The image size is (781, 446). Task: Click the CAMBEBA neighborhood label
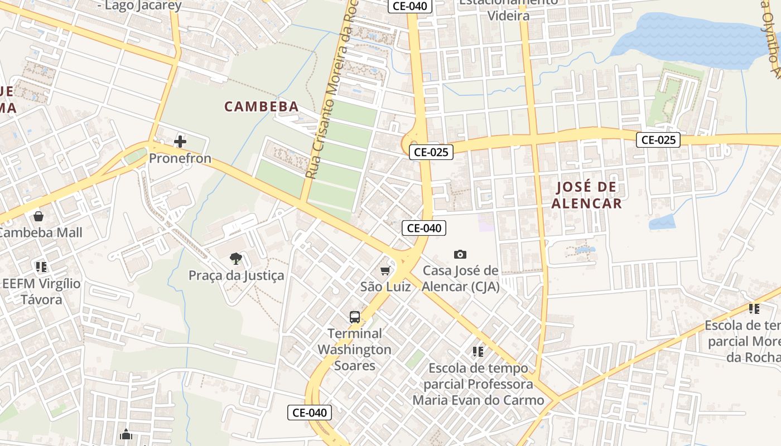pyautogui.click(x=262, y=106)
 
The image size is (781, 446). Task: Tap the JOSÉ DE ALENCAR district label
pyautogui.click(x=586, y=195)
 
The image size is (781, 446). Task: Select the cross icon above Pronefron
pyautogui.click(x=180, y=142)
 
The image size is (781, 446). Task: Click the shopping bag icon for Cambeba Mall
pyautogui.click(x=38, y=216)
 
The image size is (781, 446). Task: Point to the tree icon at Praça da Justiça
pyautogui.click(x=236, y=258)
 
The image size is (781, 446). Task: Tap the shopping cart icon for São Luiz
pyautogui.click(x=385, y=271)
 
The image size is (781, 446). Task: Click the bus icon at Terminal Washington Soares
pyautogui.click(x=355, y=317)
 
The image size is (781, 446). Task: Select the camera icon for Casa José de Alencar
pyautogui.click(x=460, y=255)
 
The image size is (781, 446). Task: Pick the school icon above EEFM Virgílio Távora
pyautogui.click(x=41, y=267)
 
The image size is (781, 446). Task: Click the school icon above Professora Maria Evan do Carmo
pyautogui.click(x=478, y=352)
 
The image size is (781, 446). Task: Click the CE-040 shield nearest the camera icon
pyautogui.click(x=424, y=227)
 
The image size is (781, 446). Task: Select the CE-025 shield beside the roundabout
pyautogui.click(x=431, y=152)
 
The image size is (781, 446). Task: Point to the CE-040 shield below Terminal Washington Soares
pyautogui.click(x=310, y=413)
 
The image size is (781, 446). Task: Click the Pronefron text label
pyautogui.click(x=180, y=158)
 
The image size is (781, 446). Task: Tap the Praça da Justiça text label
pyautogui.click(x=236, y=275)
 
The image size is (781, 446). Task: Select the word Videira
pyautogui.click(x=508, y=16)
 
